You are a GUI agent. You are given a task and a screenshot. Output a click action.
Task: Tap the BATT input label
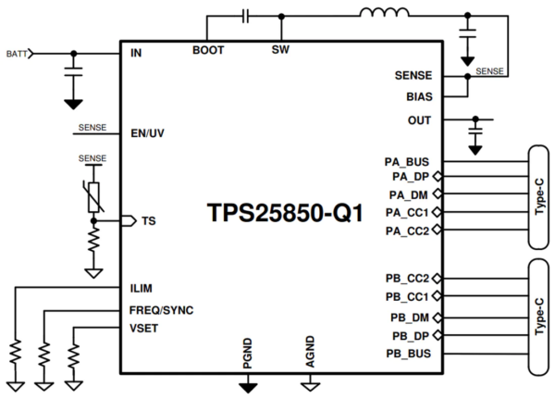pyautogui.click(x=16, y=54)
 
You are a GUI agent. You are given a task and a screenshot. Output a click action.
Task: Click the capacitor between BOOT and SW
pyautogui.click(x=245, y=15)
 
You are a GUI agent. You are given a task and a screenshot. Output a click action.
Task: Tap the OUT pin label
pyautogui.click(x=419, y=119)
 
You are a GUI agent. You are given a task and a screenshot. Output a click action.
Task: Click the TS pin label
pyautogui.click(x=148, y=221)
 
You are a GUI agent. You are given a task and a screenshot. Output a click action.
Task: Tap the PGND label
pyautogui.click(x=248, y=355)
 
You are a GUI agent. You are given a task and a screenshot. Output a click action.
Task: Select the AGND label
pyautogui.click(x=313, y=355)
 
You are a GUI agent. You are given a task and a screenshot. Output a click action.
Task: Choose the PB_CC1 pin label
pyautogui.click(x=408, y=296)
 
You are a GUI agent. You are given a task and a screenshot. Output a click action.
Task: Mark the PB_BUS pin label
pyautogui.click(x=410, y=353)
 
